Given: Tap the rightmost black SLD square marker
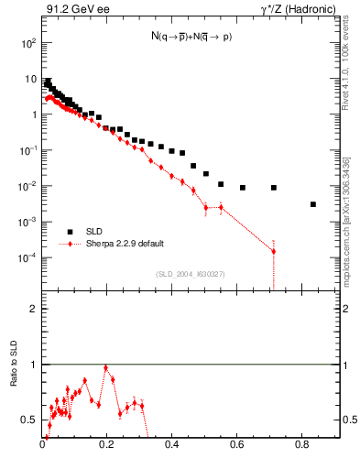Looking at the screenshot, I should pyautogui.click(x=313, y=204).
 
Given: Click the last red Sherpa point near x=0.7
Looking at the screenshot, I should pyautogui.click(x=274, y=251).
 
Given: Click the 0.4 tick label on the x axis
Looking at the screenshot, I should pyautogui.click(x=172, y=443).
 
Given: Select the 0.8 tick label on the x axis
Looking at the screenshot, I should pyautogui.click(x=302, y=443).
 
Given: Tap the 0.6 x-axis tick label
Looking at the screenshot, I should pyautogui.click(x=237, y=443).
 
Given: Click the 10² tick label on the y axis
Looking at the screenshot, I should pyautogui.click(x=28, y=43).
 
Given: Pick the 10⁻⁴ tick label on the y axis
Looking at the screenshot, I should pyautogui.click(x=27, y=257).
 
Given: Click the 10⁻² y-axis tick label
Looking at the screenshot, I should pyautogui.click(x=27, y=186).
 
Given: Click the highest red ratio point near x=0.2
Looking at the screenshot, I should pyautogui.click(x=107, y=367).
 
